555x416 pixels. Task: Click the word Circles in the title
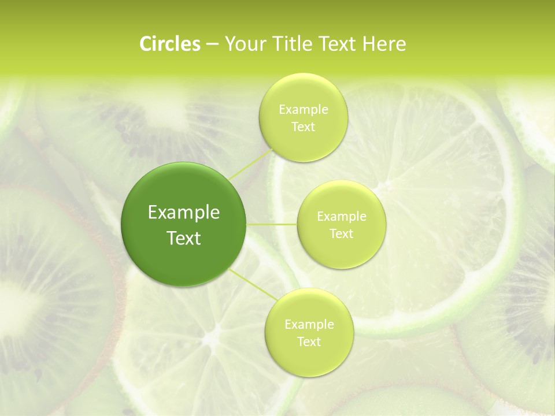[169, 44]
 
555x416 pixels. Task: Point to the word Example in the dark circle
[184, 213]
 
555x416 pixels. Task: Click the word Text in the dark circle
[184, 238]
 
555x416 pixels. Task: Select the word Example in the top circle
[304, 109]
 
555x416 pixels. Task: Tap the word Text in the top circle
[304, 127]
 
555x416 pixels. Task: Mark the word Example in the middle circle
[342, 217]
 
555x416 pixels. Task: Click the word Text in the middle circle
[342, 233]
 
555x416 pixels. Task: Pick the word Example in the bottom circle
[309, 324]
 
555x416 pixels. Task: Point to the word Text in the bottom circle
[309, 341]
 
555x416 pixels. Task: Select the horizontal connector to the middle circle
[272, 224]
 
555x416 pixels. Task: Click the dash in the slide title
[212, 44]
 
